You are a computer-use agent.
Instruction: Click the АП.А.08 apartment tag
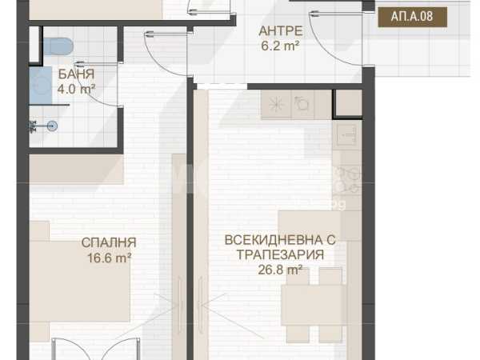pos(412,17)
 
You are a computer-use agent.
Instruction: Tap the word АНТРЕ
pos(281,31)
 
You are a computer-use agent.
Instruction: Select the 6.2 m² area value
pos(280,46)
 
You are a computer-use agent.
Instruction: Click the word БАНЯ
pos(76,74)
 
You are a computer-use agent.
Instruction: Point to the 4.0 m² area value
pos(76,89)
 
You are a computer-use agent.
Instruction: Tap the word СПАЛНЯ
pos(109,242)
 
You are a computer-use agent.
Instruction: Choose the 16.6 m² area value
pos(110,258)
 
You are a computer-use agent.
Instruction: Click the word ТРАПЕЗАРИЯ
pos(281,254)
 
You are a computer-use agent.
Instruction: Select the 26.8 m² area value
pos(281,270)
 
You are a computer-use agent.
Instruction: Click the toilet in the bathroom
pos(58,46)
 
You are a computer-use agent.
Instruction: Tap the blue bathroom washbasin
pos(41,86)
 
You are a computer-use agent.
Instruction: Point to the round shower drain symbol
pos(53,126)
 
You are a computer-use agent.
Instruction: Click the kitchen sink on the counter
pos(347,134)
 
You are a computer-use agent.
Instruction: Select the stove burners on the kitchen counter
pos(347,180)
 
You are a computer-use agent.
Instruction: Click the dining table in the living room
pos(314,305)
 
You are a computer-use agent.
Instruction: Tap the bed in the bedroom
pos(79,281)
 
